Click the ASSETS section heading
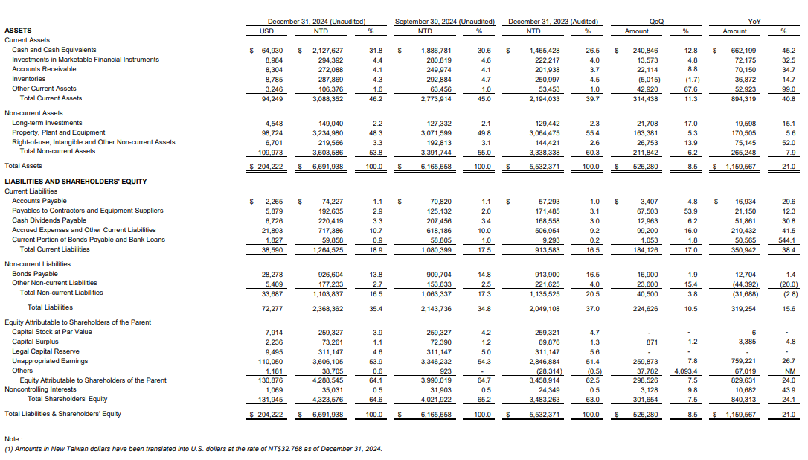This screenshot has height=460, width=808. click(18, 31)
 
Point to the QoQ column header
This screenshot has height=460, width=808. click(656, 22)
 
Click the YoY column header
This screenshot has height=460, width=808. click(753, 22)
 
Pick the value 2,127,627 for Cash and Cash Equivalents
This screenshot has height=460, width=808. click(327, 50)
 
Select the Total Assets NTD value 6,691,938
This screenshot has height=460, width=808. click(327, 167)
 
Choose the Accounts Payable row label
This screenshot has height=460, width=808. click(40, 201)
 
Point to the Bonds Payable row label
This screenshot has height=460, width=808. click(35, 274)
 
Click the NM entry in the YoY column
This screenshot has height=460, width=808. click(789, 371)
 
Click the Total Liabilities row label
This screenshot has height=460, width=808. click(50, 307)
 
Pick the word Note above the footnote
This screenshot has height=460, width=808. click(13, 439)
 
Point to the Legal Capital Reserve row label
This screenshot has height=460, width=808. click(46, 351)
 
